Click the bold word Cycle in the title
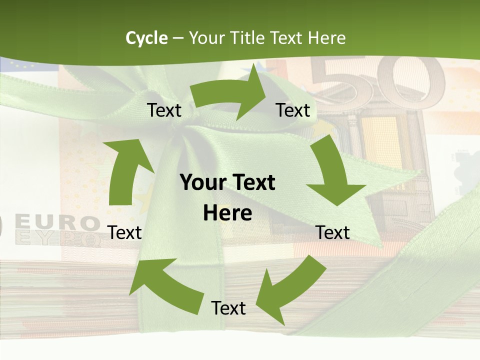point(146,38)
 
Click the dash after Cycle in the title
point(178,38)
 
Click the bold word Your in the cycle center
point(202,182)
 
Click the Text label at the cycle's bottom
point(228,308)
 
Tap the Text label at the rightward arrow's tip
point(293,110)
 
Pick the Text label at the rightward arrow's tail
point(164,110)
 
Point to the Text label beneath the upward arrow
point(125,232)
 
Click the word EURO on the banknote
point(57,223)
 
